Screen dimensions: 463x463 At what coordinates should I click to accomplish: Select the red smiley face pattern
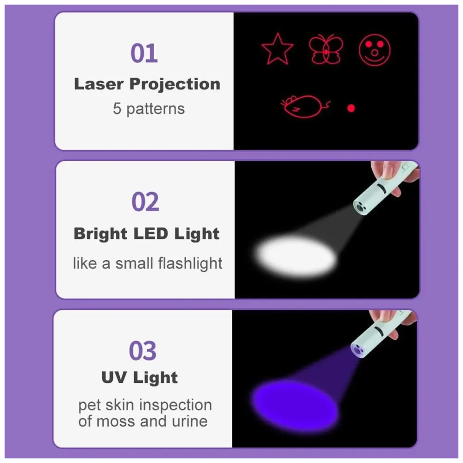[x=375, y=50]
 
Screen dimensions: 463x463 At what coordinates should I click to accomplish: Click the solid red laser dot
[x=351, y=108]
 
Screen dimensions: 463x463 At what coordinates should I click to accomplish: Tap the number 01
[x=144, y=53]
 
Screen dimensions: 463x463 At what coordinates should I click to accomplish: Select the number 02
[x=145, y=202]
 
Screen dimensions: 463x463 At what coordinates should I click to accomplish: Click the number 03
[x=143, y=351]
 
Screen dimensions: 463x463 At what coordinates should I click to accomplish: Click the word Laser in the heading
[x=99, y=84]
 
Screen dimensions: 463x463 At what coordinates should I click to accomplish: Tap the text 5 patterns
[x=149, y=109]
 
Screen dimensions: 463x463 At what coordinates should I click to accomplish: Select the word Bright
[x=100, y=234]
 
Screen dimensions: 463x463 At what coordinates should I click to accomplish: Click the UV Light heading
[x=139, y=377]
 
